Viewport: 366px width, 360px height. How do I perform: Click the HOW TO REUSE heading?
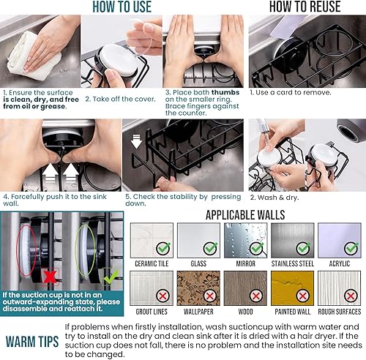pos(305,7)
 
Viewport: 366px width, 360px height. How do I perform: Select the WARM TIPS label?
pos(32,340)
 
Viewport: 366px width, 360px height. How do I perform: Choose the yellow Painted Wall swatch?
pos(294,288)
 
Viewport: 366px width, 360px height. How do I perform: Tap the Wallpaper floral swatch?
pos(199,288)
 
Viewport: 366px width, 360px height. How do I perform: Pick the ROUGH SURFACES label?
pos(340,312)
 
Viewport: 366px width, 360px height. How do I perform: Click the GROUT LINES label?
pos(152,312)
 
